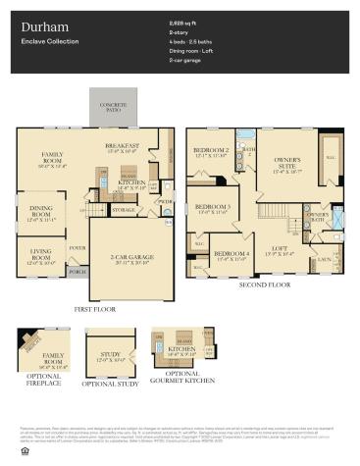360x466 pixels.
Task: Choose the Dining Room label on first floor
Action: pos(40,210)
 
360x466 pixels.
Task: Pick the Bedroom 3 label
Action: pos(212,209)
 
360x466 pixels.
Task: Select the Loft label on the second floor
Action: pos(278,250)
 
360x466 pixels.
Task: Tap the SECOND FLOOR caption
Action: pos(266,285)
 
